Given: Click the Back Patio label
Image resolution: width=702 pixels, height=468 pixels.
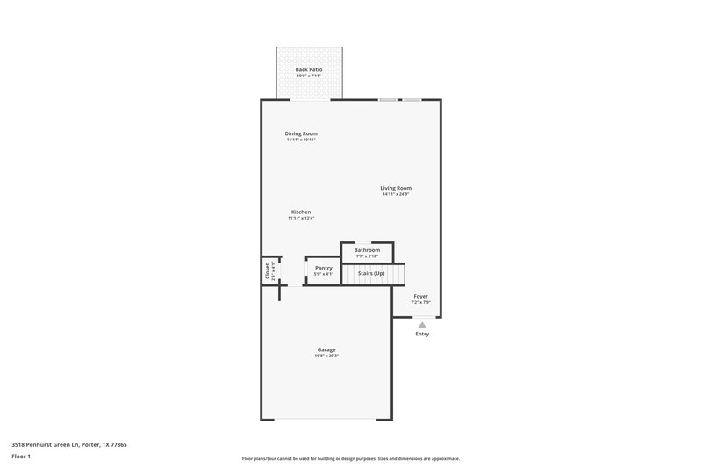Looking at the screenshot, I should pos(307,68).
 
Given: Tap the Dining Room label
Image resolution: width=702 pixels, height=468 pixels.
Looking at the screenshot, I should pos(301,133).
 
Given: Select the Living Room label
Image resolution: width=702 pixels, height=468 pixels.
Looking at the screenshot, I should pos(396,188).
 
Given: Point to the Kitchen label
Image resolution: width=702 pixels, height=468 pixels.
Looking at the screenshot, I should pos(301,212).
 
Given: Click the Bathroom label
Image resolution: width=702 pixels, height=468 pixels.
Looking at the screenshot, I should pos(367,250).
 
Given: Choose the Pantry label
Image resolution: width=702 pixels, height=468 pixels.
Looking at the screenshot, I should pos(324,268).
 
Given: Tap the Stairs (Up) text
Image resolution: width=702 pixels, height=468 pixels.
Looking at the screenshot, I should pos(371,273).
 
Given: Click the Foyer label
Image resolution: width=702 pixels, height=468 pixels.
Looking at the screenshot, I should pos(421,297).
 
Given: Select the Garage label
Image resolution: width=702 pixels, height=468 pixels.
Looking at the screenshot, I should pos(326,349).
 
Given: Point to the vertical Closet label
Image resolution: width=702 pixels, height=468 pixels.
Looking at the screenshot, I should pos(267,270).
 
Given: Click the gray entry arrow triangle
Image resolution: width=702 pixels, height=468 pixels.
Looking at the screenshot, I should pos(422,325).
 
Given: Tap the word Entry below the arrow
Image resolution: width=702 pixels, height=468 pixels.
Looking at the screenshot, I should pos(422,335).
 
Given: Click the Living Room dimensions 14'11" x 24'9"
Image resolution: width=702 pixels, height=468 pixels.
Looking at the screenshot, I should pos(396,194).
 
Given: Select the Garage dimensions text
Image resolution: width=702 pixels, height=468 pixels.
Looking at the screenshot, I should pos(326,356).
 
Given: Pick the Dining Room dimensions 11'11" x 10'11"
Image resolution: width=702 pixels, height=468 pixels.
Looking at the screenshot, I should pos(301,140).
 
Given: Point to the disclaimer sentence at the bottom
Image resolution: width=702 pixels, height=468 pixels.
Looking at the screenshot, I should pos(350,458).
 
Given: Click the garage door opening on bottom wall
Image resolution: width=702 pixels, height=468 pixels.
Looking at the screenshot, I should pos(326,420).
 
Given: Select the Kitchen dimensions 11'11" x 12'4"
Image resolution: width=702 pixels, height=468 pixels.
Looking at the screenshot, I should pos(301,218).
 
